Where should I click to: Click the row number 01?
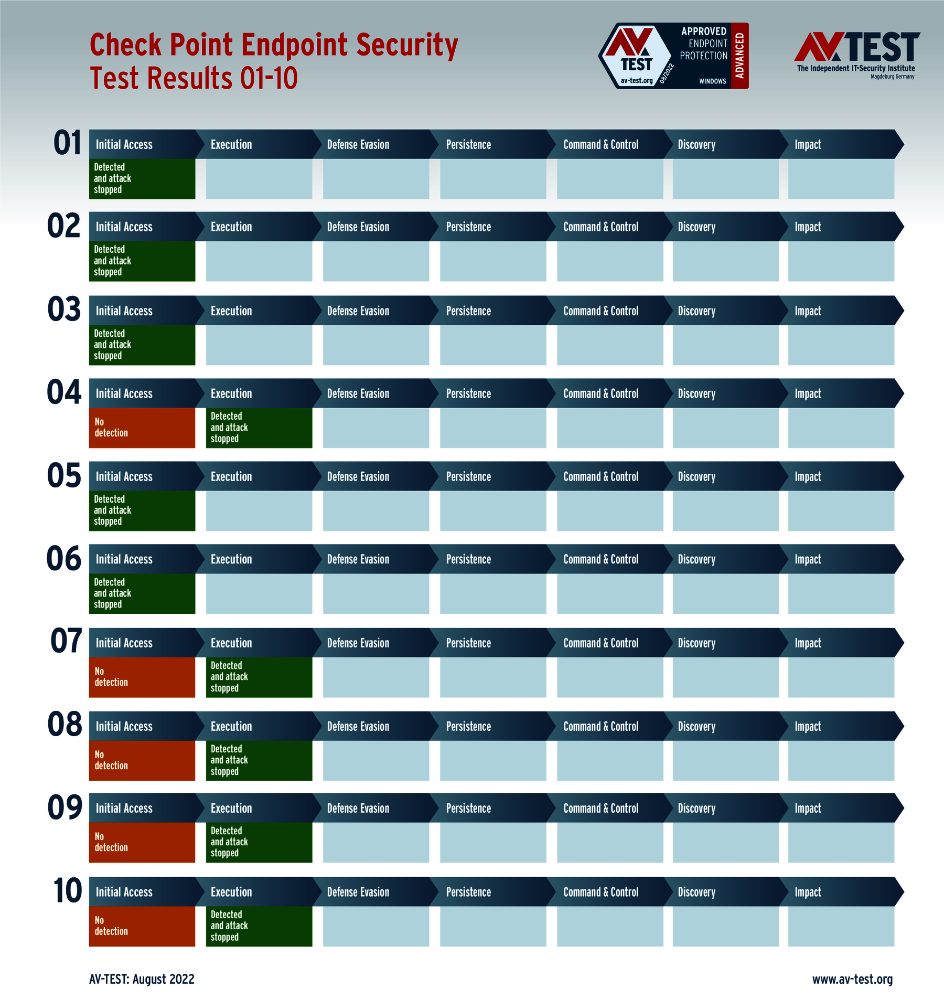68,143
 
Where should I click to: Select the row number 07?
66,641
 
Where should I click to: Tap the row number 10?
68,891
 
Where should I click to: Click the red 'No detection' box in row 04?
142,428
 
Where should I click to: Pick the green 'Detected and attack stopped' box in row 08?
259,760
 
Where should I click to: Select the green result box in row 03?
142,345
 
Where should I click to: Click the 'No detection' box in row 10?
142,926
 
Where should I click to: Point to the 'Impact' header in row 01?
808,145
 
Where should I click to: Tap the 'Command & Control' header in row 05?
600,477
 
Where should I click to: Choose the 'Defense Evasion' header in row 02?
358,227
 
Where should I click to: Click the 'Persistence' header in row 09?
468,808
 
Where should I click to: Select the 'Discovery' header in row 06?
696,560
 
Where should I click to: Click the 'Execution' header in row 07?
231,643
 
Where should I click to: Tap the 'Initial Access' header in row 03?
124,311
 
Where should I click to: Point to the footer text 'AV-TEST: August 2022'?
142,979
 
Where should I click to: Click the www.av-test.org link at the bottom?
852,979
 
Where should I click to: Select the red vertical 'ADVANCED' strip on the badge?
740,56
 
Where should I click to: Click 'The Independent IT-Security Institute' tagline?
856,68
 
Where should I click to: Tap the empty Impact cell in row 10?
841,926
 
